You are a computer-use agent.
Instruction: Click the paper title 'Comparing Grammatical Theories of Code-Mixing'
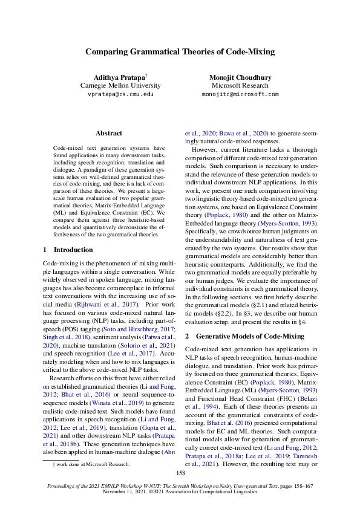(x=180, y=52)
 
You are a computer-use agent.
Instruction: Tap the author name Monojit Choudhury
(x=240, y=77)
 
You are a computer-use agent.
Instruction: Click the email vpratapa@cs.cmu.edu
(x=120, y=95)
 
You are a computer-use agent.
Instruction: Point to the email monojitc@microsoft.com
(x=240, y=95)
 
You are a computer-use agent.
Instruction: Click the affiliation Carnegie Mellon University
(x=120, y=86)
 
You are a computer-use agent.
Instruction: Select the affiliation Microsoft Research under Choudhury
(x=240, y=86)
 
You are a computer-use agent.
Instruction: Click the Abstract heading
(x=109, y=133)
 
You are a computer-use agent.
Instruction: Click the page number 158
(x=180, y=473)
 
